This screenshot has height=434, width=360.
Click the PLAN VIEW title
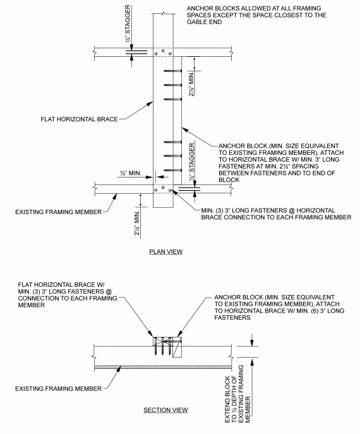click(165, 251)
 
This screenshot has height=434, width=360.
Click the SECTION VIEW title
click(165, 410)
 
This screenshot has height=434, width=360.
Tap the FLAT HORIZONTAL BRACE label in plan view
click(79, 119)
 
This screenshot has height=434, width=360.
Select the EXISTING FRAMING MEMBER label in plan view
click(58, 212)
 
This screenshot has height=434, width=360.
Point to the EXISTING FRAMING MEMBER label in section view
click(58, 389)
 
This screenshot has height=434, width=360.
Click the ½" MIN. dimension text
click(131, 173)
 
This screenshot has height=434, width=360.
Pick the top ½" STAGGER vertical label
click(128, 23)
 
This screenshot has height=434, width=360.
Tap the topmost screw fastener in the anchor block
click(172, 71)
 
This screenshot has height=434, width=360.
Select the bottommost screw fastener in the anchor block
click(172, 170)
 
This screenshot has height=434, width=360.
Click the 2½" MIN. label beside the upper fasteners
click(191, 84)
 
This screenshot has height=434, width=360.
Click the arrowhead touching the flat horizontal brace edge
click(150, 104)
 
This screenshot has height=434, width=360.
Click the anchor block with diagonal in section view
click(177, 347)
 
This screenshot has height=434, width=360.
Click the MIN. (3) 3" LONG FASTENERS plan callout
click(276, 214)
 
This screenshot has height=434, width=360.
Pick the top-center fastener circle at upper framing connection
click(163, 51)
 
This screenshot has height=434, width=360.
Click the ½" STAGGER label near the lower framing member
click(191, 162)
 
